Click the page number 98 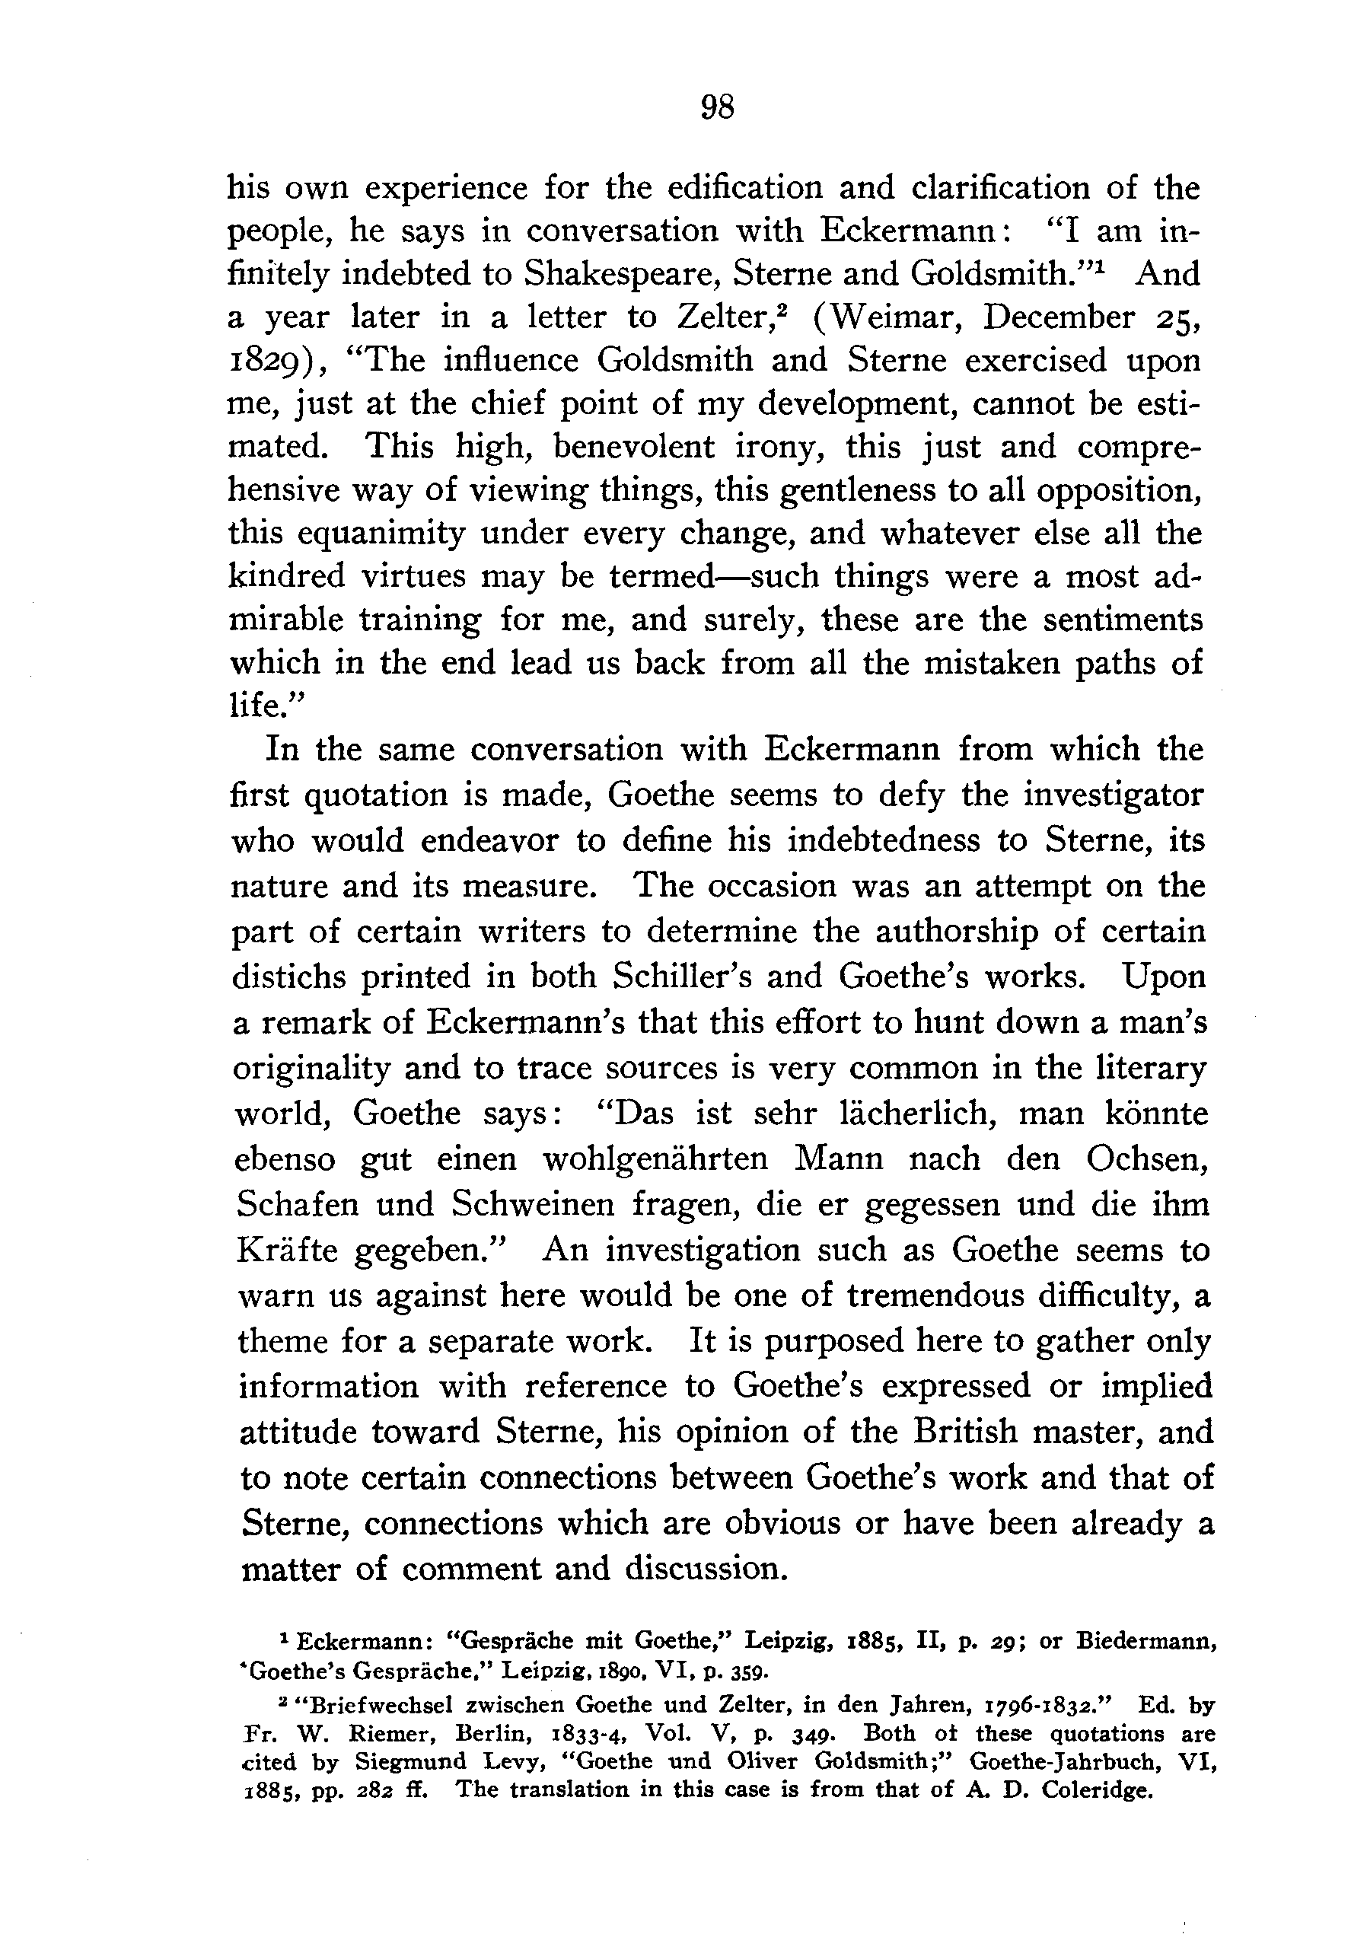pyautogui.click(x=718, y=107)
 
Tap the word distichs pyautogui.click(x=288, y=976)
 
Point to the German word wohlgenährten pyautogui.click(x=655, y=1158)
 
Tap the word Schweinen pyautogui.click(x=534, y=1204)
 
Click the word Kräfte pyautogui.click(x=288, y=1250)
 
